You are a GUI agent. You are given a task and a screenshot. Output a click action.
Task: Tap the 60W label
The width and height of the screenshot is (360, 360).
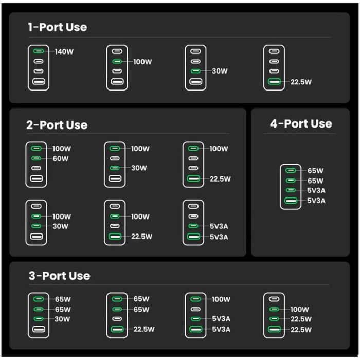click(x=60, y=158)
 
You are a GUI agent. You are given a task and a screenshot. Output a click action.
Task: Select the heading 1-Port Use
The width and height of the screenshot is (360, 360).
click(x=57, y=27)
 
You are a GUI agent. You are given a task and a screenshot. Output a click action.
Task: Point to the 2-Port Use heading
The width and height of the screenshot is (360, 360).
click(x=57, y=125)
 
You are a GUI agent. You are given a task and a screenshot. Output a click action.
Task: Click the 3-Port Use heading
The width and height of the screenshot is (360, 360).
click(x=59, y=276)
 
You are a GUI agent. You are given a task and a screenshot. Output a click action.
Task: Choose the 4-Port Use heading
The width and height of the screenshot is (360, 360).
click(x=301, y=124)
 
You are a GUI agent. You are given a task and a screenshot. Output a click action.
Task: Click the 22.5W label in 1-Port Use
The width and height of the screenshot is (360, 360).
click(x=301, y=82)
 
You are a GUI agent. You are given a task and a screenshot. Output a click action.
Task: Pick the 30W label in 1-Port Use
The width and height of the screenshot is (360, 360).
click(x=220, y=71)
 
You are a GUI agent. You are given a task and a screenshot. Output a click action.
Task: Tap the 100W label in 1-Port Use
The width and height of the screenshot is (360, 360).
click(x=142, y=62)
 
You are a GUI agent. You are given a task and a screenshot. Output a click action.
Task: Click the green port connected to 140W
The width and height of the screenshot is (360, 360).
click(x=39, y=51)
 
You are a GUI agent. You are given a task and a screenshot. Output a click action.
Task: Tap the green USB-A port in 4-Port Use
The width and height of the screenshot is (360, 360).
click(x=291, y=201)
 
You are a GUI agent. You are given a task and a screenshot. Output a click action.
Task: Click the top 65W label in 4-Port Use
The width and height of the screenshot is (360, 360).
click(x=315, y=170)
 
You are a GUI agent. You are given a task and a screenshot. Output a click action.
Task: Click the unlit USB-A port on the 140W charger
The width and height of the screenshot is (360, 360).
click(x=39, y=81)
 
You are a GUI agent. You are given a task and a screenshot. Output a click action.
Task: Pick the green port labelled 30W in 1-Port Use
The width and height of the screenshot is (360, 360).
click(x=195, y=71)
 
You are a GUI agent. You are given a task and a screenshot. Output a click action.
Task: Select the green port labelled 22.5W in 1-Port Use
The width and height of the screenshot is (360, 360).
click(x=274, y=82)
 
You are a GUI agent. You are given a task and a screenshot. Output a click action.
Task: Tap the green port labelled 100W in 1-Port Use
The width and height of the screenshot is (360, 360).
click(x=117, y=62)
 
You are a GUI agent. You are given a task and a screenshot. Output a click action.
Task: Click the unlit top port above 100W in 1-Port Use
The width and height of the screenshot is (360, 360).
click(x=117, y=51)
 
